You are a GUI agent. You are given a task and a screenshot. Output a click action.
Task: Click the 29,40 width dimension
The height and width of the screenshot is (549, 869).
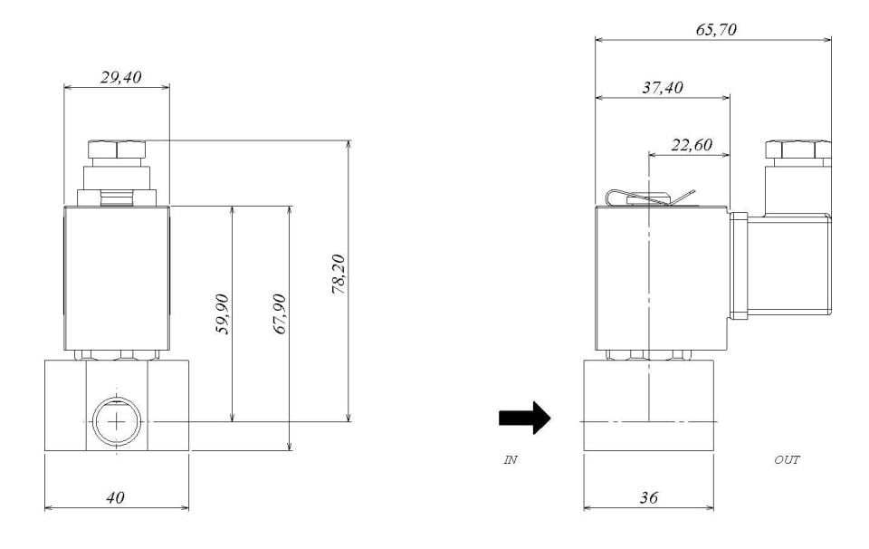tap(116, 78)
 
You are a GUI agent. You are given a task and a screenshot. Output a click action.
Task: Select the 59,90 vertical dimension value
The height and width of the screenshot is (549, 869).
tap(223, 313)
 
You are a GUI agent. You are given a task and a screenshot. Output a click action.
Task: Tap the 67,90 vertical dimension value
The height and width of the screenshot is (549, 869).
tap(280, 313)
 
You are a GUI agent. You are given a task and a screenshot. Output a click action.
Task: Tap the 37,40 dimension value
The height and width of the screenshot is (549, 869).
tap(663, 88)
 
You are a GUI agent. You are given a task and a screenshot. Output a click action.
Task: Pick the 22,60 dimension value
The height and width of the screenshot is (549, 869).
tap(690, 144)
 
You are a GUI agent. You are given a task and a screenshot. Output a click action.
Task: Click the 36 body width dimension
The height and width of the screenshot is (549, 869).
tap(648, 497)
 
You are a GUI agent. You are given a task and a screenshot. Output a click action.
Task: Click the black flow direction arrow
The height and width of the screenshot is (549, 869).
tap(524, 419)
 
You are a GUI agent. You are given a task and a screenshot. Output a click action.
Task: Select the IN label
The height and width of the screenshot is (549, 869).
tap(511, 460)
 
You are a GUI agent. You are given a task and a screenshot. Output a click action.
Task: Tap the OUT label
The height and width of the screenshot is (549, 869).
tap(787, 460)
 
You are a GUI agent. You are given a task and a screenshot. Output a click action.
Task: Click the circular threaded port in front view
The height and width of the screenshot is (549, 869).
tap(117, 421)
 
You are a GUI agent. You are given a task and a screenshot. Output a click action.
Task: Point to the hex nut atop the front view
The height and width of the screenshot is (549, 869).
tap(117, 149)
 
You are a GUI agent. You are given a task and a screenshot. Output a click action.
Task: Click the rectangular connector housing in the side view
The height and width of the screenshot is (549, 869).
tap(788, 267)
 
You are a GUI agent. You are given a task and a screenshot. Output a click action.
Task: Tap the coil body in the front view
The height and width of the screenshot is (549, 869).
tap(117, 277)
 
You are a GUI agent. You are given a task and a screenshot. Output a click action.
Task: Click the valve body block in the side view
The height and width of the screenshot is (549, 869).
tap(648, 405)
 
